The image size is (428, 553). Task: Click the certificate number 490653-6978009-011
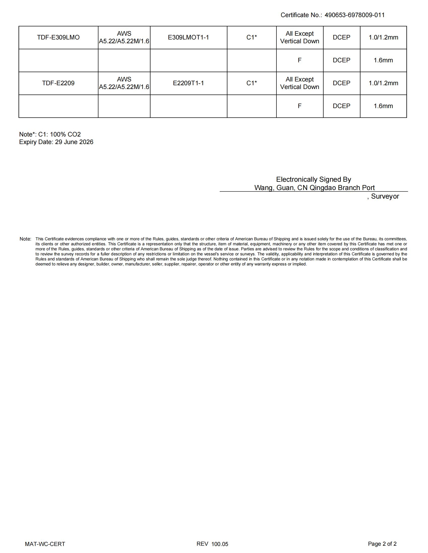tap(354, 15)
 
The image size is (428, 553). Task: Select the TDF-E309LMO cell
tap(58, 37)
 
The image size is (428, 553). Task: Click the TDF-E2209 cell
tap(58, 83)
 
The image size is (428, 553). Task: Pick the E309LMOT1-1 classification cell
tap(188, 37)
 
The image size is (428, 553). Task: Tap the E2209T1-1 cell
tap(188, 83)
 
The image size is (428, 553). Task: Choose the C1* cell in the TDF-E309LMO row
tap(252, 37)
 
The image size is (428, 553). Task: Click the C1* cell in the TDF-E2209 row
tap(252, 83)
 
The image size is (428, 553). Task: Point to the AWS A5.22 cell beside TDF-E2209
tap(124, 83)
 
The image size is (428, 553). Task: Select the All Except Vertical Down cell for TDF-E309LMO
tap(299, 37)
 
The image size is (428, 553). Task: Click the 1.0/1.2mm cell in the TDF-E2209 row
tap(383, 83)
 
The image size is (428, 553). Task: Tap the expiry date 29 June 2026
tap(74, 142)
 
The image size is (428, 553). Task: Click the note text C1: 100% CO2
tap(59, 134)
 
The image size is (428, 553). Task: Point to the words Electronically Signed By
tap(313, 179)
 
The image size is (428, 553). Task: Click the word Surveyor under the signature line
tap(385, 197)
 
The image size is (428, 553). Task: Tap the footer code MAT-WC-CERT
tap(45, 544)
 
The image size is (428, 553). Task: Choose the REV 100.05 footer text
tap(212, 544)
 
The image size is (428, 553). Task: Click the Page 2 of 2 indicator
tap(382, 544)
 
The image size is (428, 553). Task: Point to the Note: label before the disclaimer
tap(25, 239)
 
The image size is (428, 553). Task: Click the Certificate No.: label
tap(301, 15)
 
